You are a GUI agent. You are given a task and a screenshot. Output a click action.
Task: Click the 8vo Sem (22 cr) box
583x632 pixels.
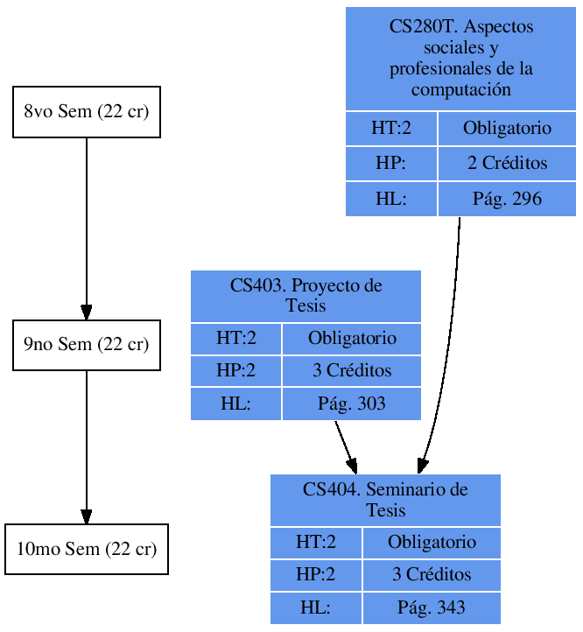pos(86,112)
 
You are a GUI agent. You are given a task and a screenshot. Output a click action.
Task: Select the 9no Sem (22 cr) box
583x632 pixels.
pos(86,345)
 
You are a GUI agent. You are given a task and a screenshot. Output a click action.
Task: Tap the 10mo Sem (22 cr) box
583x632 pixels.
pos(86,550)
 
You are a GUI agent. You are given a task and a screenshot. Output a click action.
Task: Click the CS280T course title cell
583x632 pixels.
pos(460,59)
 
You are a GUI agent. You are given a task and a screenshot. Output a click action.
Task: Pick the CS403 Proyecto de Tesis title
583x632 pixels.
pos(306,296)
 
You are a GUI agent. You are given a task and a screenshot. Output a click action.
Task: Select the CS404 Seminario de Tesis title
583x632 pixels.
pos(385,500)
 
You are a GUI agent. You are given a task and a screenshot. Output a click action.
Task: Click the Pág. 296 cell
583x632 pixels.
pos(507,199)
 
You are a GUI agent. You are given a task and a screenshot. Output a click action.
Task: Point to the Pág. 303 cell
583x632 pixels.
pos(351,404)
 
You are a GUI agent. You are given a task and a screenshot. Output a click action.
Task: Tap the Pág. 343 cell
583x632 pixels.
pos(431,607)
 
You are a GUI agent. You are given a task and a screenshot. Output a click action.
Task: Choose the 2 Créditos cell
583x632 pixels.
pos(507,164)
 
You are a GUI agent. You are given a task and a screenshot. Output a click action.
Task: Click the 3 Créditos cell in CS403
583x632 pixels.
pos(351,370)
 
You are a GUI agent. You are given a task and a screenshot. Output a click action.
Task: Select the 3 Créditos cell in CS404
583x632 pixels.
pos(431,574)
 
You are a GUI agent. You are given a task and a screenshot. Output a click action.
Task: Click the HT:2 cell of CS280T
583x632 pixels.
pos(390,129)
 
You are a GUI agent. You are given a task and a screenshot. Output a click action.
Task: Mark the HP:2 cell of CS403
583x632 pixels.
pos(235,370)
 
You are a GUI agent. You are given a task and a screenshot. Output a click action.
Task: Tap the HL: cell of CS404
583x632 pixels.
pos(315,607)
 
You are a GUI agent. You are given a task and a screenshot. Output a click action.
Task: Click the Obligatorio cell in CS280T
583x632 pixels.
pos(507,129)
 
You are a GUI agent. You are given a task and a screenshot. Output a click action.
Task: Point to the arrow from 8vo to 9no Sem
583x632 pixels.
pos(86,228)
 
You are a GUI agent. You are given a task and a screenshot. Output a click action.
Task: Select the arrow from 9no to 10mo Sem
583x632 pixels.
pos(86,446)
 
